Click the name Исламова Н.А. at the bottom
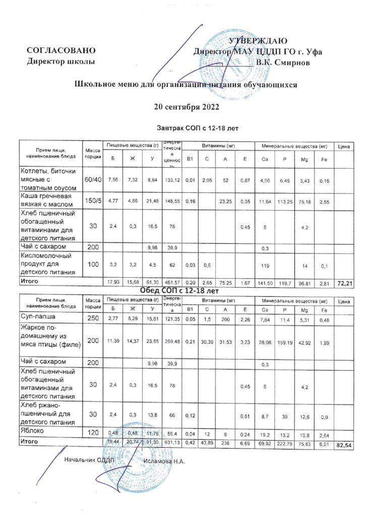tap(165, 460)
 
